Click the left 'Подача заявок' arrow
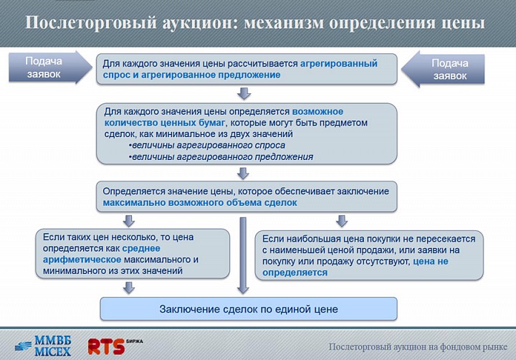coord(49,67)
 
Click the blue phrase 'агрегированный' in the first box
coord(338,63)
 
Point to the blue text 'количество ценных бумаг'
coord(165,123)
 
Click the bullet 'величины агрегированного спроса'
coord(208,146)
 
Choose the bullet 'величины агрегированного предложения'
coord(221,157)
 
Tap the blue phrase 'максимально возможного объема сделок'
coord(200,202)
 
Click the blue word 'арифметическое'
coord(82,260)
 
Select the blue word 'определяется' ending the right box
coord(295,273)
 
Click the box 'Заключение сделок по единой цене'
coord(249,309)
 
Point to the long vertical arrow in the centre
coord(243,255)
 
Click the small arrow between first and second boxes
coord(244,93)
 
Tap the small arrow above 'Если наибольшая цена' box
coord(342,221)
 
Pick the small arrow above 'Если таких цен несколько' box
coord(129,221)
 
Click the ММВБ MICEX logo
coord(43,346)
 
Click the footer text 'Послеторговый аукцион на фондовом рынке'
coord(418,346)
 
